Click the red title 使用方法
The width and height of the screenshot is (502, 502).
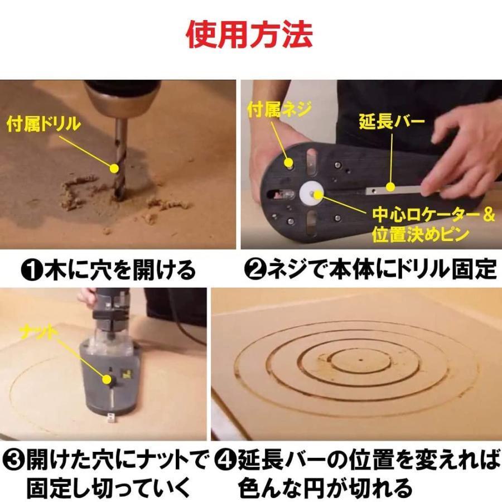[249, 35]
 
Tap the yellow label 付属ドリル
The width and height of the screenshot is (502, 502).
[44, 124]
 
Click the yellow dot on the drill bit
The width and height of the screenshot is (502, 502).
[114, 168]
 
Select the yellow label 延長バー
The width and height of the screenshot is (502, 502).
[392, 122]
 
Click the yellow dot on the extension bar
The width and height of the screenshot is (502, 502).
[390, 187]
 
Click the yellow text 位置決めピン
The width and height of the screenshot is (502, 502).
[421, 234]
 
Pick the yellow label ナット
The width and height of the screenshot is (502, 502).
[38, 334]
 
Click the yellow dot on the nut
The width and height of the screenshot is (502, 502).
[107, 379]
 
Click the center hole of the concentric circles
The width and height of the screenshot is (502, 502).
[361, 360]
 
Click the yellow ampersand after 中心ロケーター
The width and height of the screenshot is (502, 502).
[489, 215]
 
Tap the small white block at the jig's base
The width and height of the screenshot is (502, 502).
[111, 417]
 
